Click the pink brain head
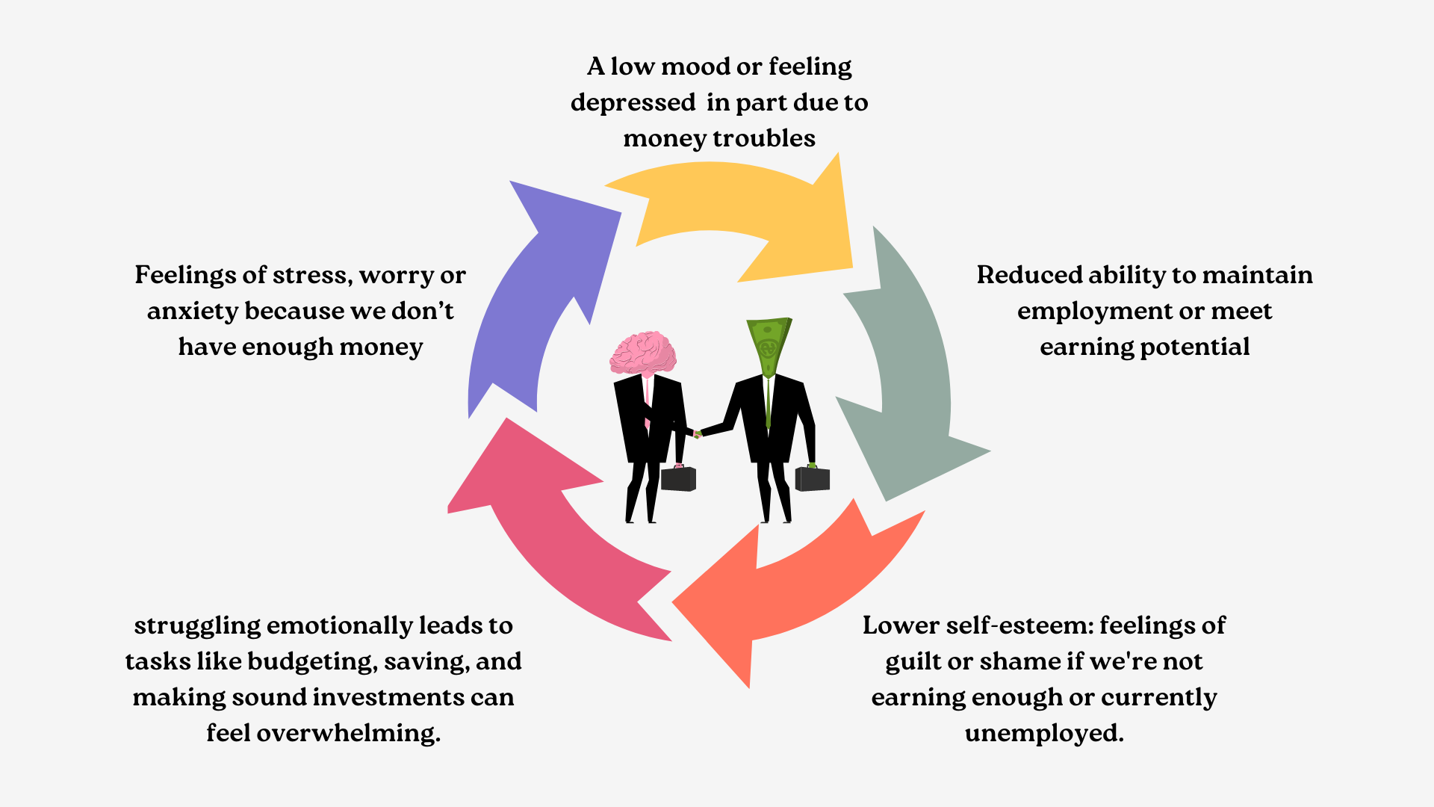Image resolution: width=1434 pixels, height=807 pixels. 643,353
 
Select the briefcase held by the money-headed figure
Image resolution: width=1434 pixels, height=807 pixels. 813,478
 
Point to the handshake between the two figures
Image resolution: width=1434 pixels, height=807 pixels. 698,433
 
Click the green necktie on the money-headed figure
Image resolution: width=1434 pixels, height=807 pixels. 768,403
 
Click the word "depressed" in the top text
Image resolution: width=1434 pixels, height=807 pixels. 633,102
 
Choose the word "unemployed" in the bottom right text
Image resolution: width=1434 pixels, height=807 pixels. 1043,733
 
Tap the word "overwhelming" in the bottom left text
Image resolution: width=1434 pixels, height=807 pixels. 348,733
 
